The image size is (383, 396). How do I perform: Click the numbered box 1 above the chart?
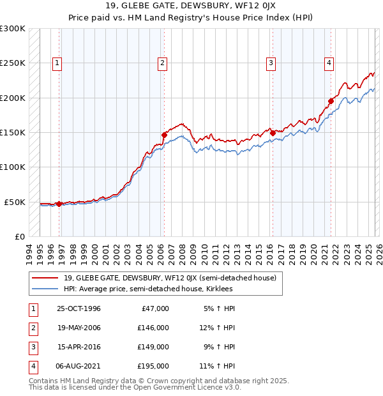click(57, 63)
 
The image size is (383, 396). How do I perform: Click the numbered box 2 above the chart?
click(163, 63)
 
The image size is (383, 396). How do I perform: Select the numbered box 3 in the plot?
click(271, 63)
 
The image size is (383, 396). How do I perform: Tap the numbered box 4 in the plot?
click(329, 63)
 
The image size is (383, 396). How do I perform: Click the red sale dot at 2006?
click(164, 135)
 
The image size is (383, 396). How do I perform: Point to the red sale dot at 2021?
click(331, 101)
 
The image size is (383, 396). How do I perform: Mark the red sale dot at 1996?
click(59, 204)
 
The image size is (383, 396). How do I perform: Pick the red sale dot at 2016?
click(273, 133)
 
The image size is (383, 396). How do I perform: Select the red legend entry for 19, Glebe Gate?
click(170, 278)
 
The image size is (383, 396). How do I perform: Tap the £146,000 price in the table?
click(153, 328)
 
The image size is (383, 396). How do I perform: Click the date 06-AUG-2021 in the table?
click(79, 367)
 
